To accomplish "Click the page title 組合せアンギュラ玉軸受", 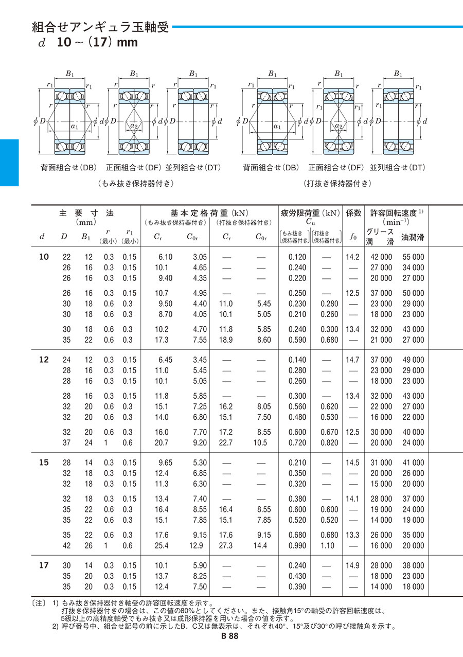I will pyautogui.click(x=100, y=27).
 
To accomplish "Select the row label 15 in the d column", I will pyautogui.click(x=44, y=463).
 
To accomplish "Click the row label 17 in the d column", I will pyautogui.click(x=44, y=565).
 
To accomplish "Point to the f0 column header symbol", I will pyautogui.click(x=353, y=237).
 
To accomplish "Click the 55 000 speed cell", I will pyautogui.click(x=413, y=257).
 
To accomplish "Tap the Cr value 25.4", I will pyautogui.click(x=165, y=545).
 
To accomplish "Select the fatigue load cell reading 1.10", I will pyautogui.click(x=328, y=545).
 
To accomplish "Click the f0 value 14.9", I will pyautogui.click(x=353, y=565).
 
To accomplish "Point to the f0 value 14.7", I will pyautogui.click(x=353, y=360).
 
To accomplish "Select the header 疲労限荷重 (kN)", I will pyautogui.click(x=310, y=212).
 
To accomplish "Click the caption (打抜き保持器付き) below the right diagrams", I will pyautogui.click(x=337, y=183).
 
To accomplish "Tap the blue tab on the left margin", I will pyautogui.click(x=9, y=162).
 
